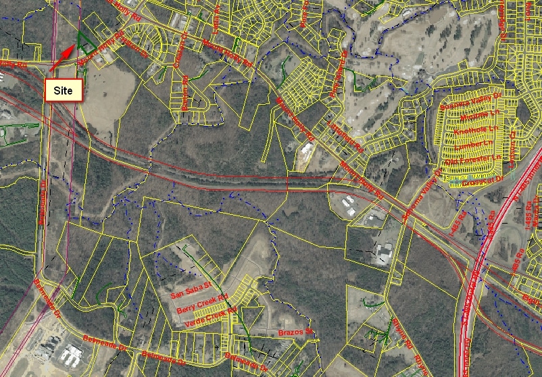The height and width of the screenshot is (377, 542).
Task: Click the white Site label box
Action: coord(62,90)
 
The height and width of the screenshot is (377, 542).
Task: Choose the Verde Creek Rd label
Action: coord(212,317)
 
